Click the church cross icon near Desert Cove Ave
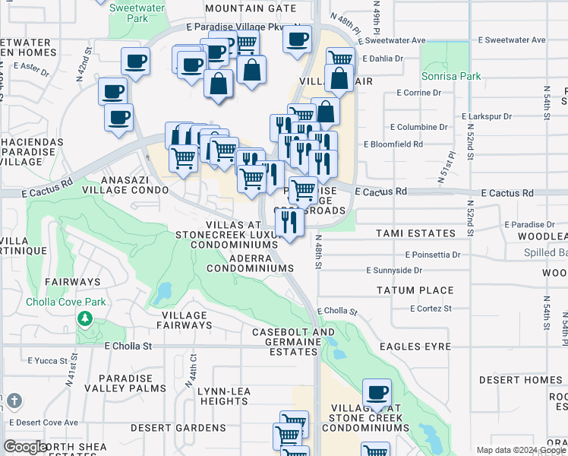[15, 401]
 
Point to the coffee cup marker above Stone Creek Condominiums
[377, 393]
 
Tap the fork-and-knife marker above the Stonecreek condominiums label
[289, 221]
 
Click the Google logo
[26, 447]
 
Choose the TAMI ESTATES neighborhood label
[415, 233]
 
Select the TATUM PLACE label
[415, 290]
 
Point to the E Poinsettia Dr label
[433, 255]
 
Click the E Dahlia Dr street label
[387, 58]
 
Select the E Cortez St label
[431, 309]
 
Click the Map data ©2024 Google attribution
[519, 449]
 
